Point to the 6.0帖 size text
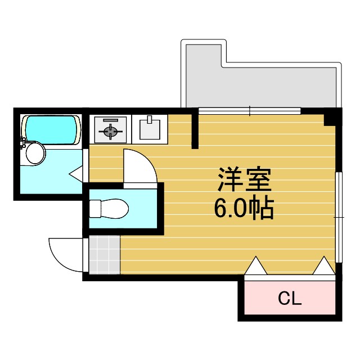point(244,209)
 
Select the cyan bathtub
point(51,129)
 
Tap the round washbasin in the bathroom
point(35,152)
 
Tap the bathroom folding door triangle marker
point(77,174)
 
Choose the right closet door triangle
point(323,265)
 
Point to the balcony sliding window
point(250,111)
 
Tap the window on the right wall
point(339,217)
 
